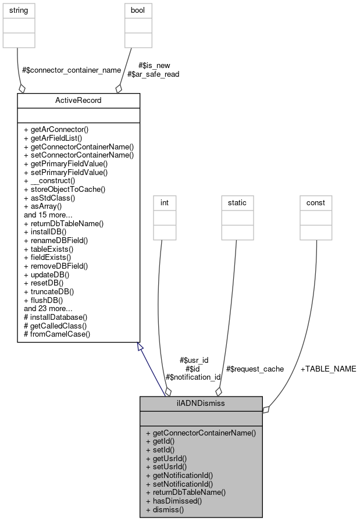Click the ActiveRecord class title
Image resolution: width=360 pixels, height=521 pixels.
coord(79,100)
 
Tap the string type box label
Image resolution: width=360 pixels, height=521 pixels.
coord(19,10)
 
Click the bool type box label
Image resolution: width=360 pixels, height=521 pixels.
coord(138,10)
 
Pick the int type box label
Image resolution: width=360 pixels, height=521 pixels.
coord(165,202)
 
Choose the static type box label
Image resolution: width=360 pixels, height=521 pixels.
coord(237,202)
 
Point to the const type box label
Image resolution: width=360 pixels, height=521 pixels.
coord(316,202)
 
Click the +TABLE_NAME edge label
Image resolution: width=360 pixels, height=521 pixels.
coord(328,369)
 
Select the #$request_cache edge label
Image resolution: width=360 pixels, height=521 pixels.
coord(255,369)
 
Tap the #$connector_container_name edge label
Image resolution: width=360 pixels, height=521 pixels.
coord(71,70)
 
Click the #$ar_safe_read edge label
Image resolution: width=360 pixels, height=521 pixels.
coord(153,74)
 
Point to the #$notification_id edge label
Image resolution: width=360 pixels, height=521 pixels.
coord(193,377)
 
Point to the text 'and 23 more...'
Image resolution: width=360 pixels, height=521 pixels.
coord(48,308)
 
